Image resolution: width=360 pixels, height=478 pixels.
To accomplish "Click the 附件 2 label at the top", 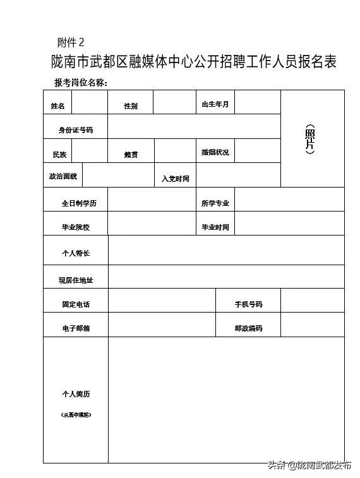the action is [x=71, y=42].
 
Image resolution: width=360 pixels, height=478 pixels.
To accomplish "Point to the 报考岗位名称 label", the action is [x=81, y=83].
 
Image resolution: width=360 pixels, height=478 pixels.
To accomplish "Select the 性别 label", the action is [x=131, y=106].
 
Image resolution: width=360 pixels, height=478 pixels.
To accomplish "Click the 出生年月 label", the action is [x=215, y=104].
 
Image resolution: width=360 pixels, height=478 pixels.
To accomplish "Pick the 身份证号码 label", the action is [x=76, y=130].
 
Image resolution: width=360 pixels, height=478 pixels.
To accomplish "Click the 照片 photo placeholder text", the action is [x=309, y=139].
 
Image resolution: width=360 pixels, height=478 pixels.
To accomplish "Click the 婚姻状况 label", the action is [x=215, y=153].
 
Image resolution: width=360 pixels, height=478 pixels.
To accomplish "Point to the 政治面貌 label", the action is [x=63, y=176].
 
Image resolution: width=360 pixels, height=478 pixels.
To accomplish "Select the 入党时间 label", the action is [x=175, y=179].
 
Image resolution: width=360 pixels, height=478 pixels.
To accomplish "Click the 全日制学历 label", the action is [x=76, y=204].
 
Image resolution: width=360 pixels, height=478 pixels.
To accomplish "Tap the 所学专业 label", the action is [x=215, y=203].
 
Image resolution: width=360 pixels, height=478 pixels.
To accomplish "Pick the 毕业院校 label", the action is [x=76, y=227].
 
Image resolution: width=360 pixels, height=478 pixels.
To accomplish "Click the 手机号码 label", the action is [x=248, y=304].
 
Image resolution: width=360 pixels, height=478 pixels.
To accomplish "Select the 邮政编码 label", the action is [x=248, y=328].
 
